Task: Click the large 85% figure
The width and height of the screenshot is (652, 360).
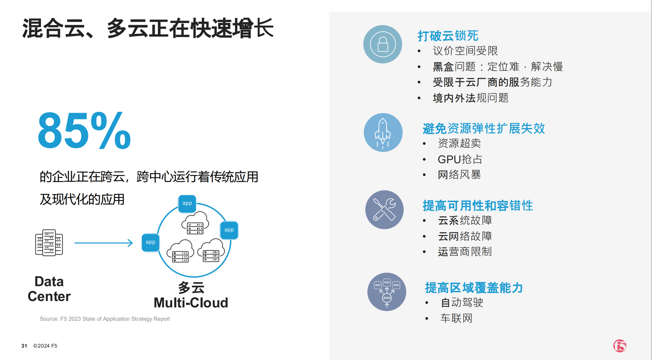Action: [84, 131]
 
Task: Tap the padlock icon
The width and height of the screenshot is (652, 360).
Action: [382, 44]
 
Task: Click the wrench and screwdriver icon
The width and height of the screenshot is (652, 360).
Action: [384, 210]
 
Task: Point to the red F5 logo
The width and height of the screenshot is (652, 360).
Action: [620, 346]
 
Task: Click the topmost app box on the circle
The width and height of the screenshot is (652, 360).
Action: [187, 203]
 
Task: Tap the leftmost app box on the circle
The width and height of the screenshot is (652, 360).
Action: [151, 242]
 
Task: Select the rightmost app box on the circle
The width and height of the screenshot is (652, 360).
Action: [229, 230]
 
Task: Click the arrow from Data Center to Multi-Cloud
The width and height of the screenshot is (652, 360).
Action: [104, 243]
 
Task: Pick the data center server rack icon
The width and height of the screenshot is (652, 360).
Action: [49, 243]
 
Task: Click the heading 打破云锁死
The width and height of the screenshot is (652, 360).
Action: [448, 36]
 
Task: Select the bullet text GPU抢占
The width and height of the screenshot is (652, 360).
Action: [460, 160]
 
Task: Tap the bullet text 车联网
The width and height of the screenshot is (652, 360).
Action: [456, 318]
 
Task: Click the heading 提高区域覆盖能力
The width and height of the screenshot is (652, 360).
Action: [474, 288]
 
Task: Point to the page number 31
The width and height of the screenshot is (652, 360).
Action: [24, 346]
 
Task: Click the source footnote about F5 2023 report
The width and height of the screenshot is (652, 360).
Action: [105, 319]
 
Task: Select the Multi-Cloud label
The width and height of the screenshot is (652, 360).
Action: [191, 303]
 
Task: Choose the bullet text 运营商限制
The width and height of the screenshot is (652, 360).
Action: [465, 252]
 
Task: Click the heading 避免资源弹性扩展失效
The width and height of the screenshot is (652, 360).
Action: [484, 128]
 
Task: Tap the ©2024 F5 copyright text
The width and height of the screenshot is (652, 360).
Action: [45, 346]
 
